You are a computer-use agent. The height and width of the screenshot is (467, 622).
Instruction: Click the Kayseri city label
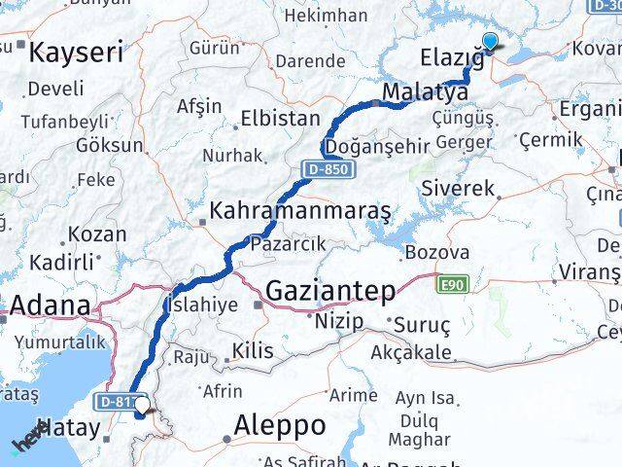[76, 53]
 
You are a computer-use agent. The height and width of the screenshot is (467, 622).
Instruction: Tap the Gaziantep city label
[330, 290]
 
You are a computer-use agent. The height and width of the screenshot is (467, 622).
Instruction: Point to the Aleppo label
[280, 425]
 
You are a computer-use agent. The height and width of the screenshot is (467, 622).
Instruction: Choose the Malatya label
[426, 92]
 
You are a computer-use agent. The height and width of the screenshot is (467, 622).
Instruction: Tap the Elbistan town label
[280, 118]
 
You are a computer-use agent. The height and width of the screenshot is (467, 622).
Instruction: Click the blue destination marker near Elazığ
[490, 41]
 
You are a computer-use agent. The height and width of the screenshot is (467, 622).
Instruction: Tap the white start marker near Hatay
[143, 406]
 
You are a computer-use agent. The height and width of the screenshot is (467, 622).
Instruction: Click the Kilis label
[252, 351]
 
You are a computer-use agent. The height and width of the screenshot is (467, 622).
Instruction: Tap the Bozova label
[436, 252]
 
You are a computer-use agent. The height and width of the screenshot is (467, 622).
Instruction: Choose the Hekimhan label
[323, 16]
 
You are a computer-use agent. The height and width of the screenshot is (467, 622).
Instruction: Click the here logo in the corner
[29, 435]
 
